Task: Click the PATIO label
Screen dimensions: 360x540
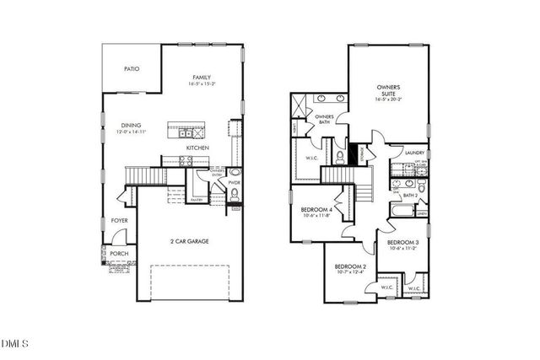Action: pos(132,69)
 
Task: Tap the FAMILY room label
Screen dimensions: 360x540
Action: pos(201,77)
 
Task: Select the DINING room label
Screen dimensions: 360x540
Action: pos(130,124)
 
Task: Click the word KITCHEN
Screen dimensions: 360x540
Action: pos(197,148)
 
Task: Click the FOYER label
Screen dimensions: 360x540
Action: pos(120,221)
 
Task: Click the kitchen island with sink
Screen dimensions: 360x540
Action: pos(186,132)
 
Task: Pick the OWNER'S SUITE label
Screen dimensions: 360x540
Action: pos(388,90)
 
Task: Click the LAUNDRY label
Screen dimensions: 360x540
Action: pos(414,153)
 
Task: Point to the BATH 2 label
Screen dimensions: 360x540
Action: pos(411,196)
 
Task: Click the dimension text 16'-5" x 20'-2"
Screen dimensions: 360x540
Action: pos(389,100)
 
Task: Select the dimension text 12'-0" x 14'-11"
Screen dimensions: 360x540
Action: pos(130,132)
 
